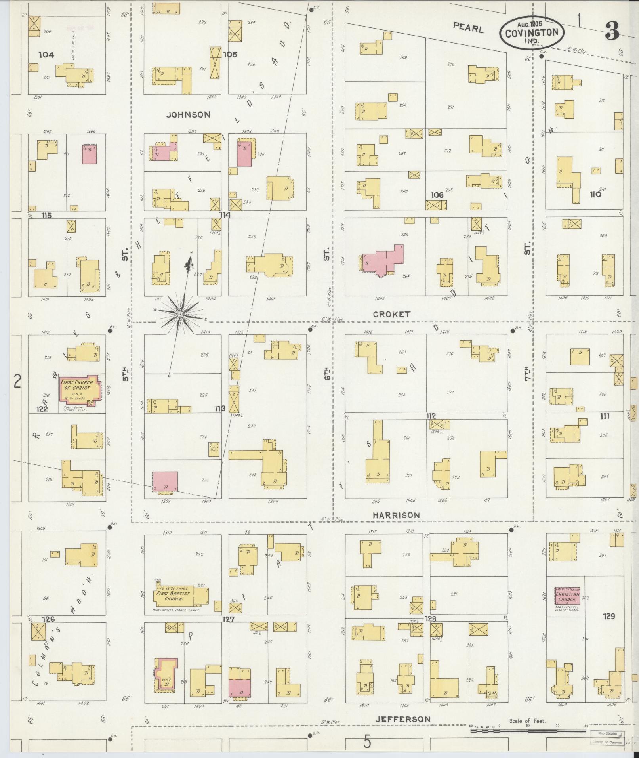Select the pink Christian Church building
click(567, 595)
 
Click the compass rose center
click(180, 314)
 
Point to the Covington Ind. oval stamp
click(532, 33)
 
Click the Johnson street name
click(188, 115)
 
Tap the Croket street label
click(392, 314)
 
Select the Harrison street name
click(396, 515)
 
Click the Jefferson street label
click(402, 719)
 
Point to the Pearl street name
click(468, 28)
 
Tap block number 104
click(46, 55)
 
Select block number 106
click(437, 195)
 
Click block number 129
click(609, 617)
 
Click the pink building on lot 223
click(165, 481)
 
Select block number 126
click(47, 619)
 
